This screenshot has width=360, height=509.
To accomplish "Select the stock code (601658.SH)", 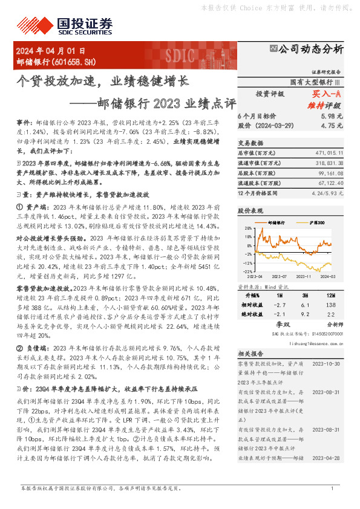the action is click(74, 62).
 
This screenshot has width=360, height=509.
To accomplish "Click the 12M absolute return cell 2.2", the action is click(330, 314).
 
